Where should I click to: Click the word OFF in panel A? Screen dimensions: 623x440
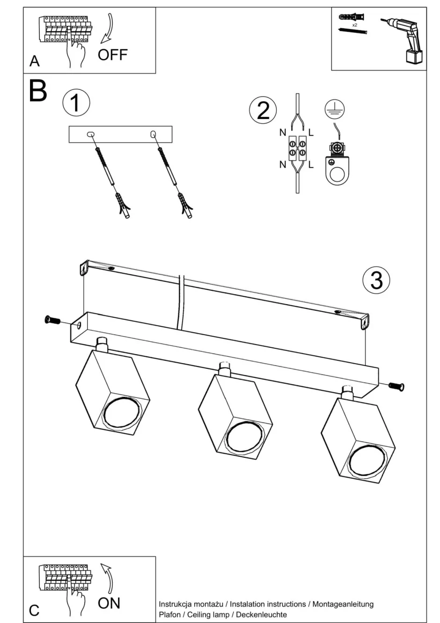click(112, 55)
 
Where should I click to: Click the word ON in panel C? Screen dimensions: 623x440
click(109, 603)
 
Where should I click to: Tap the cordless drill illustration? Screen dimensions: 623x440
click(406, 39)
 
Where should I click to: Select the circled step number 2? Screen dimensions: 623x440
click(263, 110)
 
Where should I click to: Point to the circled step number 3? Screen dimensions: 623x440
click(376, 279)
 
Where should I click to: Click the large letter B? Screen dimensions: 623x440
click(38, 91)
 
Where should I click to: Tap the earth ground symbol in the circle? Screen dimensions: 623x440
click(335, 109)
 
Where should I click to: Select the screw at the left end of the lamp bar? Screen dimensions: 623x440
click(52, 320)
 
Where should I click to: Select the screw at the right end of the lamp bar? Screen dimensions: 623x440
click(396, 386)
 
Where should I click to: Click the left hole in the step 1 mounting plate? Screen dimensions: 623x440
click(90, 135)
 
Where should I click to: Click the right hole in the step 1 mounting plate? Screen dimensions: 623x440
click(153, 135)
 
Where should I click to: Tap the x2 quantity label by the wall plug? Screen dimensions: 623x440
click(355, 24)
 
